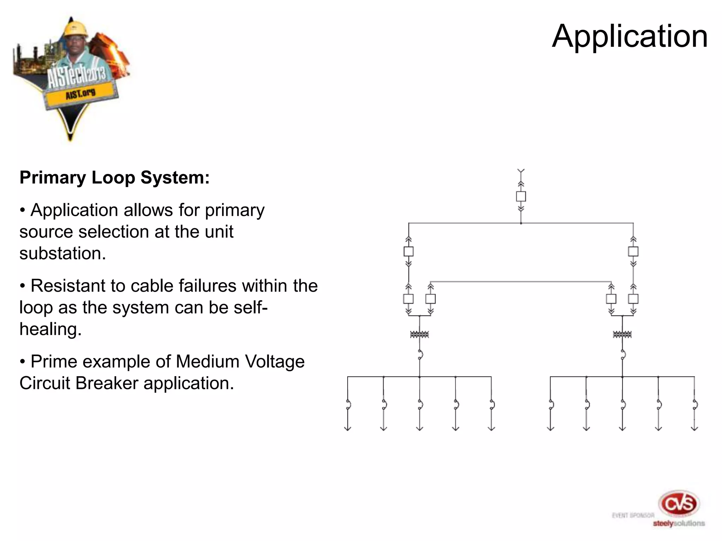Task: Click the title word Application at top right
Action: (x=630, y=36)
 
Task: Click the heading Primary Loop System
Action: (x=115, y=178)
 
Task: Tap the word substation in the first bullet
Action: (x=62, y=254)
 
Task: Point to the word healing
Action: (x=50, y=329)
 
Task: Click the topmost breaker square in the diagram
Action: (x=521, y=196)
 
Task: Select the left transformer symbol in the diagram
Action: (x=419, y=334)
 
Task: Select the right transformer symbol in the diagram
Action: (x=622, y=334)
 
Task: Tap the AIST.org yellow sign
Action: (x=80, y=94)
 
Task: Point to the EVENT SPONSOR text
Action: (x=633, y=516)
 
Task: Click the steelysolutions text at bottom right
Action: (x=679, y=523)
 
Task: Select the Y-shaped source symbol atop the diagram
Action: (x=521, y=172)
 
